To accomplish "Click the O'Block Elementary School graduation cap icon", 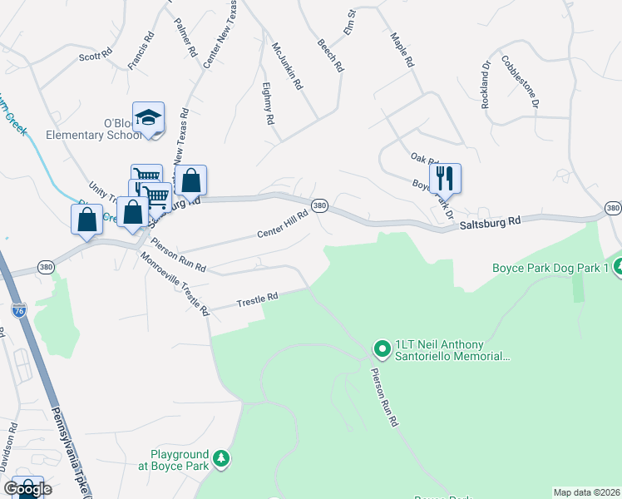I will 148,118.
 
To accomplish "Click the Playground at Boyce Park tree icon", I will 221,458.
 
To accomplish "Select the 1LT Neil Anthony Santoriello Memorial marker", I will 382,348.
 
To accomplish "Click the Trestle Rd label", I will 256,299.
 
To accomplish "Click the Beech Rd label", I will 330,55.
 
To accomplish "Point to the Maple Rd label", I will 402,51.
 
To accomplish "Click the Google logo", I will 27,489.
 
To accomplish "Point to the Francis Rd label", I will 141,51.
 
